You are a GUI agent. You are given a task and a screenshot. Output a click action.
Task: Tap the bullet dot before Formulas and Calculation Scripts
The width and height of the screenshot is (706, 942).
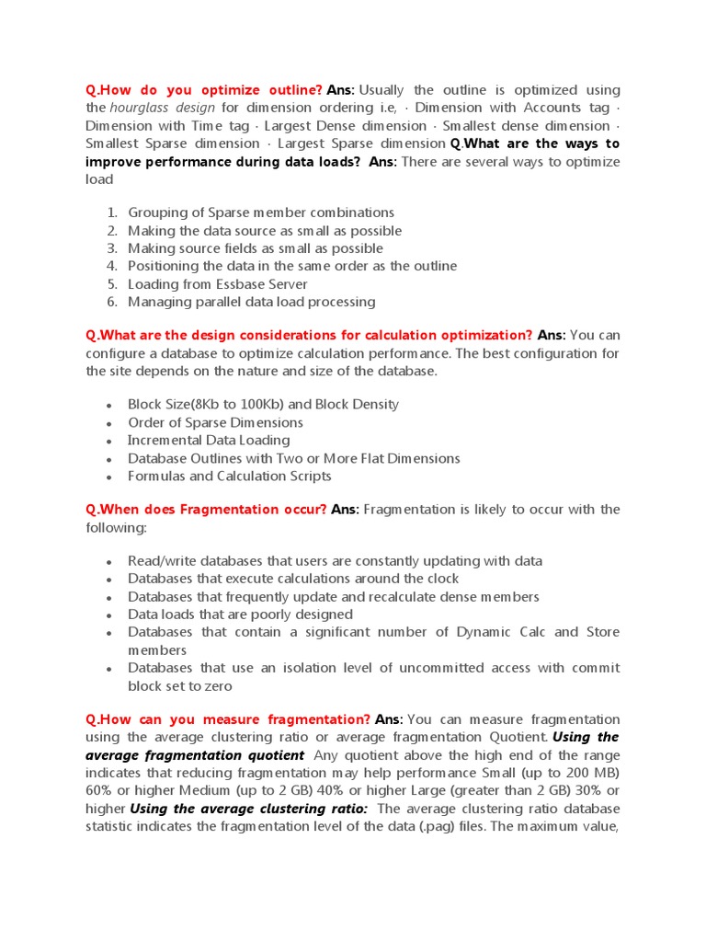tap(108, 477)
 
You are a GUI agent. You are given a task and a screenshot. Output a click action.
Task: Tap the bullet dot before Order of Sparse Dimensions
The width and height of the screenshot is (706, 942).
tap(108, 423)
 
